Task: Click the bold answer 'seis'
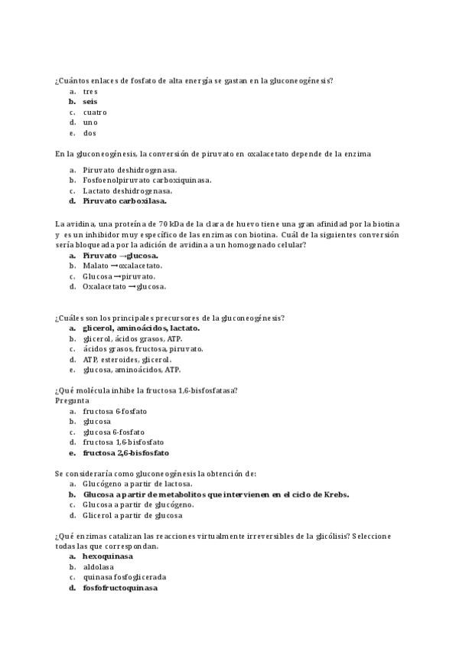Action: [x=90, y=102]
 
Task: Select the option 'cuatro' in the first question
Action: [x=95, y=113]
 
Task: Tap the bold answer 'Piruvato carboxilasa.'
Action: [x=125, y=201]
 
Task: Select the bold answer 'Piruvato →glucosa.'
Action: [x=121, y=256]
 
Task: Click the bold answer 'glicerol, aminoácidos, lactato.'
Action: [x=142, y=328]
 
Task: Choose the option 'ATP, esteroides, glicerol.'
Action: [x=127, y=359]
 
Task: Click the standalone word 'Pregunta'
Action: [x=73, y=400]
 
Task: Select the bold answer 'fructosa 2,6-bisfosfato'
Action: [x=126, y=453]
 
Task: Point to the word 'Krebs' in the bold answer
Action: [x=335, y=494]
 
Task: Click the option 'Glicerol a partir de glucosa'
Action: [x=133, y=515]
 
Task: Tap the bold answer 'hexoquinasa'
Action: [x=113, y=556]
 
